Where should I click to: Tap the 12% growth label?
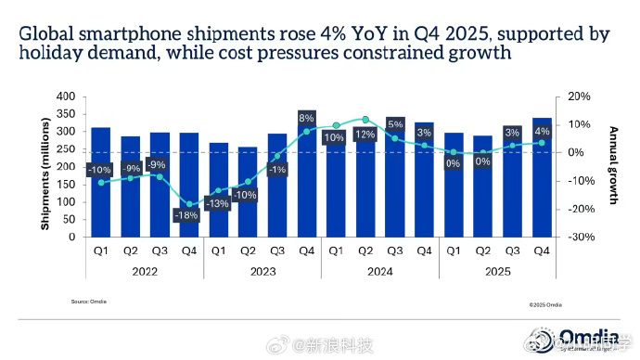click(x=365, y=135)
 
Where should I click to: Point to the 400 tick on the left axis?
click(x=65, y=96)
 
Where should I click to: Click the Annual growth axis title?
click(x=613, y=167)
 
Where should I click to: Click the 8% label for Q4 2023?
click(x=307, y=118)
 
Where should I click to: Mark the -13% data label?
click(x=219, y=203)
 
